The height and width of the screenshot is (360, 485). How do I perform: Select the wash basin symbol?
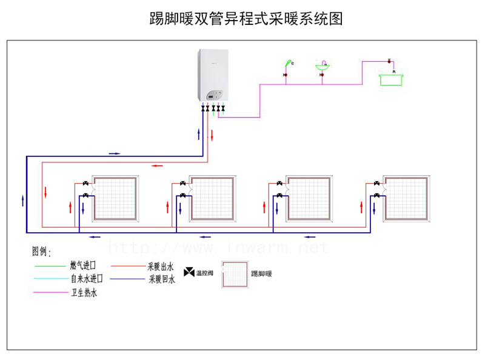click(x=324, y=67)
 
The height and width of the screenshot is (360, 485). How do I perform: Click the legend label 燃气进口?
click(x=83, y=265)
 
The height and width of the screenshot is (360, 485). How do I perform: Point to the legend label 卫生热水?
click(x=83, y=293)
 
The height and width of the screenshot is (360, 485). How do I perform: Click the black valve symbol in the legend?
click(x=189, y=272)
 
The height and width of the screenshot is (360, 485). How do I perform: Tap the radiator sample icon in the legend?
click(x=234, y=274)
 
